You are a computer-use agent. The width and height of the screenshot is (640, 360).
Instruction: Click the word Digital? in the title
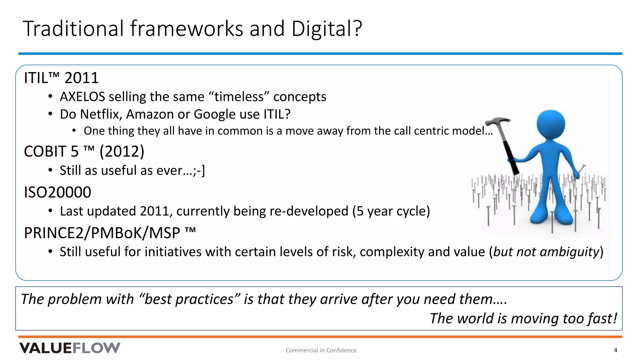click(326, 29)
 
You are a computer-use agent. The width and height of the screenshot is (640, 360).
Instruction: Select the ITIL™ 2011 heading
click(61, 78)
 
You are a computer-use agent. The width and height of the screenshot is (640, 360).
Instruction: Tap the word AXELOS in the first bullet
click(82, 97)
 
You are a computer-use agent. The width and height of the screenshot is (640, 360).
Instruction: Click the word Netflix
click(100, 114)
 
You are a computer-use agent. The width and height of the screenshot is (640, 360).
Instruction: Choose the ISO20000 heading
click(57, 192)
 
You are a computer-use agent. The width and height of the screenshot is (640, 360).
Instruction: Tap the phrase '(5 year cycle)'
click(391, 211)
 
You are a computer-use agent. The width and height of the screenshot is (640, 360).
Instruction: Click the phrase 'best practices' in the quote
click(189, 299)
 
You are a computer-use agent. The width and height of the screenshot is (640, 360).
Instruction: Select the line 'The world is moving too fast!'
click(523, 319)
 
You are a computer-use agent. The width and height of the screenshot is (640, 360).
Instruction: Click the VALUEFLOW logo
click(70, 348)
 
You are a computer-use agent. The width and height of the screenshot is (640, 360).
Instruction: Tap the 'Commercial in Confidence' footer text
click(321, 350)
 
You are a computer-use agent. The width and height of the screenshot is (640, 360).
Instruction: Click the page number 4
click(615, 350)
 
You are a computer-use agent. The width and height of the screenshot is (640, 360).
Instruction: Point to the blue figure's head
click(550, 124)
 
